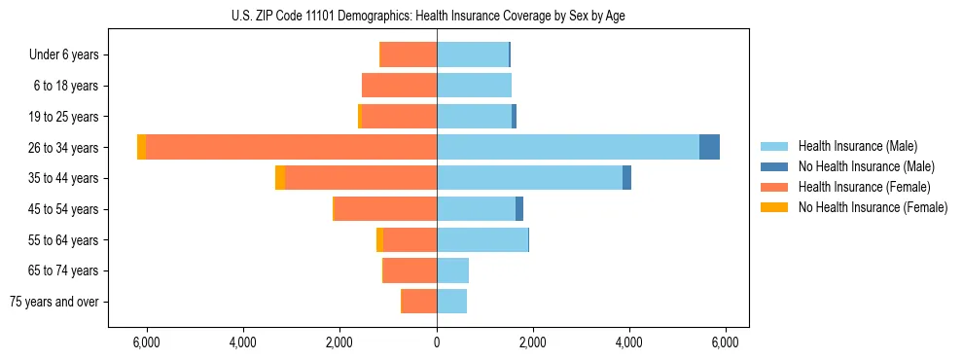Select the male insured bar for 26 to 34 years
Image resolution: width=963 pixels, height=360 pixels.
click(568, 147)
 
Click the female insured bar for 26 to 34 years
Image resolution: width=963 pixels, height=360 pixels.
click(291, 147)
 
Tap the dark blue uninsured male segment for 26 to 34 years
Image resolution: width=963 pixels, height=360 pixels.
click(709, 147)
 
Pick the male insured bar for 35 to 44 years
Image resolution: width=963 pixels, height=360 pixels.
click(530, 178)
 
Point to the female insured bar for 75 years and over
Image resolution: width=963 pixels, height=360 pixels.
click(419, 302)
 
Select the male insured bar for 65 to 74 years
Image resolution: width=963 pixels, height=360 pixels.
click(453, 270)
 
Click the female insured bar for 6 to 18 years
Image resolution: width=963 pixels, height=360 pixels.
click(400, 86)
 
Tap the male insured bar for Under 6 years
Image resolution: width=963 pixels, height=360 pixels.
click(473, 54)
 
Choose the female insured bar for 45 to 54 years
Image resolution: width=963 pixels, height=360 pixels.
click(385, 209)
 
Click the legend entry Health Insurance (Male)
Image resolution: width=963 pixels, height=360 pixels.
click(857, 146)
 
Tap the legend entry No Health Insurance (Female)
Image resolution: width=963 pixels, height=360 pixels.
click(872, 207)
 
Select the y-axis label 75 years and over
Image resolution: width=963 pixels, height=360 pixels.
click(54, 302)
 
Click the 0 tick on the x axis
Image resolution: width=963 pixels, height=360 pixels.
click(437, 342)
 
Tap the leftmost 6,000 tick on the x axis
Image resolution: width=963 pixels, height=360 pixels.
click(146, 342)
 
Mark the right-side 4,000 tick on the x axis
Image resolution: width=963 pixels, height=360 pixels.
click(629, 342)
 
